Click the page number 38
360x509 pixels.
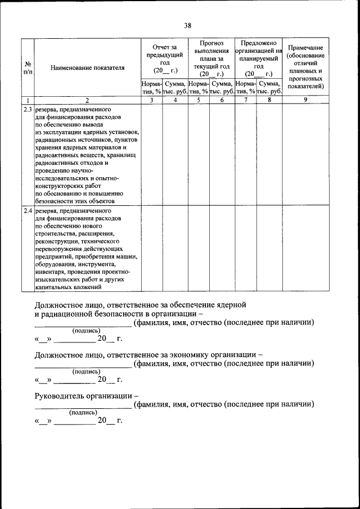click(188, 25)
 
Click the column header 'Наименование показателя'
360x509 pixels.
click(87, 68)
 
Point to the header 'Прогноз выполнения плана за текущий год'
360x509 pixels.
click(211, 58)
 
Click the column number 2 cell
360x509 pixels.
click(87, 100)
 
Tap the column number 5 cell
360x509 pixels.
click(199, 100)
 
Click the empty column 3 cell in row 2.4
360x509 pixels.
click(152, 248)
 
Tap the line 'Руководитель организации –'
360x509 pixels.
click(87, 395)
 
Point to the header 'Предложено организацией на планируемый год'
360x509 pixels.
click(259, 58)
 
